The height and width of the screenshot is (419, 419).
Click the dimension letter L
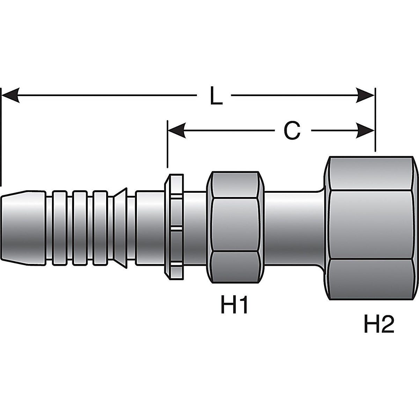click(x=216, y=96)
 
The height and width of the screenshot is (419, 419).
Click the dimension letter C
click(x=292, y=131)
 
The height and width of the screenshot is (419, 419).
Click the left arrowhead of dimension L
click(x=10, y=95)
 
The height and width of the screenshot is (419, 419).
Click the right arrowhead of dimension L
click(x=365, y=95)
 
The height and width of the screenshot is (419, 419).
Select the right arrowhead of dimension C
click(x=365, y=131)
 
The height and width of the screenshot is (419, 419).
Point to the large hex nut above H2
click(x=371, y=228)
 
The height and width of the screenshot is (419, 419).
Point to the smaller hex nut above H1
click(x=235, y=227)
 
